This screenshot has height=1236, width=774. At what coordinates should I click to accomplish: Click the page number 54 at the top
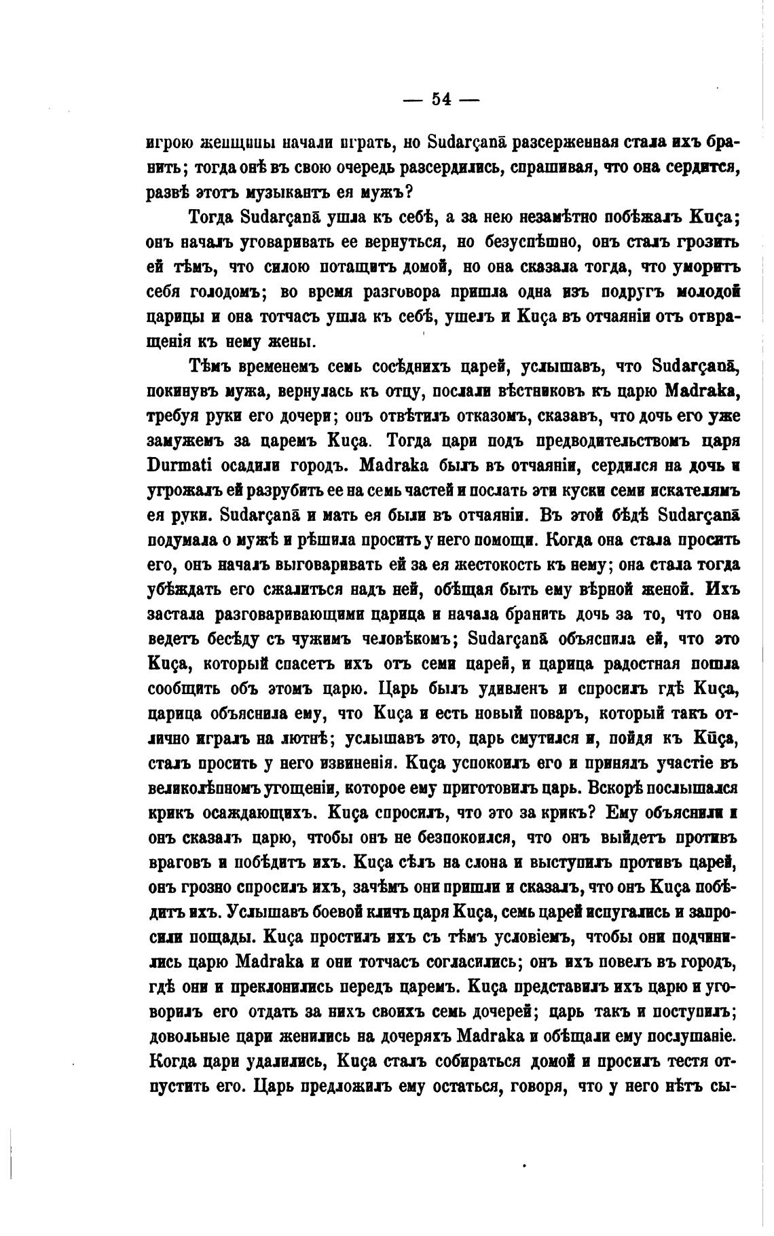tap(441, 99)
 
